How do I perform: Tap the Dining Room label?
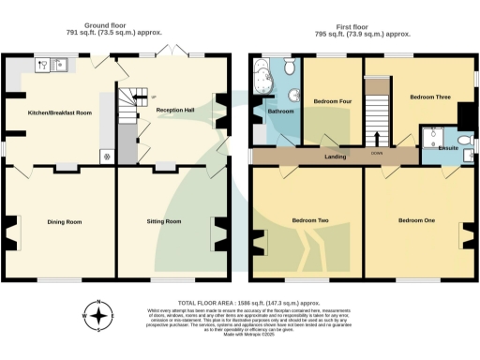(66, 221)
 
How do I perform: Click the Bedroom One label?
(416, 220)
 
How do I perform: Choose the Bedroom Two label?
(309, 220)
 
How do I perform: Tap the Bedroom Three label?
(429, 97)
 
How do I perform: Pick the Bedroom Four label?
(330, 100)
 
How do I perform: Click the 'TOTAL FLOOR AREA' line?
(240, 305)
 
